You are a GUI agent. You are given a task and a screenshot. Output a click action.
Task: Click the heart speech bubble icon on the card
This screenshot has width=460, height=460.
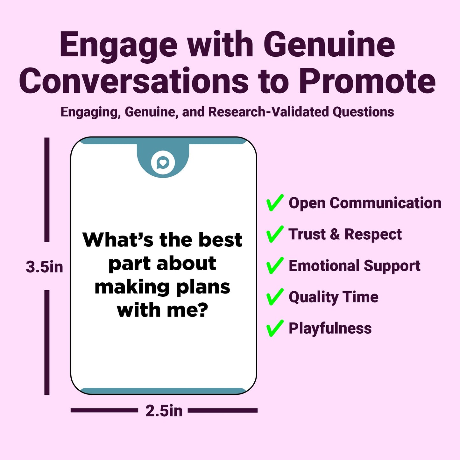click(163, 163)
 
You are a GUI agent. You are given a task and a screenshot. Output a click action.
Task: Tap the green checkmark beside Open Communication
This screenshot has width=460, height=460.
click(275, 203)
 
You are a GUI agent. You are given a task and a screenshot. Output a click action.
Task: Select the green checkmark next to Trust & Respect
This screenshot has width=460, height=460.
click(275, 234)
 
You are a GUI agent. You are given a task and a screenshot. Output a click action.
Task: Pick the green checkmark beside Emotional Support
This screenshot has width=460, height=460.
click(275, 266)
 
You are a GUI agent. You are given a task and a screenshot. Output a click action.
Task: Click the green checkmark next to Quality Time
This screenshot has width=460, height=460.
click(275, 297)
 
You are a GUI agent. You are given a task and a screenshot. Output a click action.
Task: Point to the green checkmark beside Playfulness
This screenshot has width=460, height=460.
click(275, 328)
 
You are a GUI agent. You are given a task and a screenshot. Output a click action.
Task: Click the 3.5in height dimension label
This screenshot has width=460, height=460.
click(44, 267)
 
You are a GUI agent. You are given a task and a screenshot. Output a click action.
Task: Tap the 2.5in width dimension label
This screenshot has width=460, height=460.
click(164, 411)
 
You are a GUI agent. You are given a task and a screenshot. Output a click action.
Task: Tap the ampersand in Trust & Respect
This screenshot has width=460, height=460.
click(335, 234)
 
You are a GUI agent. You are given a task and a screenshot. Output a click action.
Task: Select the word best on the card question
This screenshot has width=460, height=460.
click(221, 240)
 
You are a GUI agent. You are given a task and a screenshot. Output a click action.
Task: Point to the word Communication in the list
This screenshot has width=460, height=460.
click(386, 203)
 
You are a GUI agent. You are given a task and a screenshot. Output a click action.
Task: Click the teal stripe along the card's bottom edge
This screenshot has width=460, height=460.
click(163, 391)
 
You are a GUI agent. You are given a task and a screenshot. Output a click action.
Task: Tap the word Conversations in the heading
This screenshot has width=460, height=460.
click(134, 81)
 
